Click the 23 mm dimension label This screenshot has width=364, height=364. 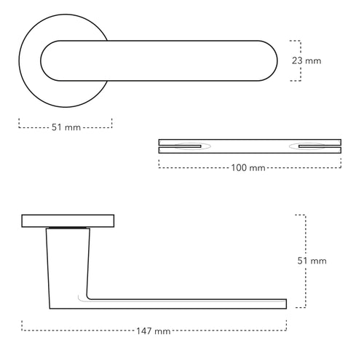click(306, 61)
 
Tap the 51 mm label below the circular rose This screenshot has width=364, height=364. click(66, 127)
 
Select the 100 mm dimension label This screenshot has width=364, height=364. click(248, 168)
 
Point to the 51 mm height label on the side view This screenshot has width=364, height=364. click(314, 261)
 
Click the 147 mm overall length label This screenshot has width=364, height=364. click(154, 331)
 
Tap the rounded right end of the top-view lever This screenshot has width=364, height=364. click(271, 60)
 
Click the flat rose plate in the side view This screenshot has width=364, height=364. click(68, 221)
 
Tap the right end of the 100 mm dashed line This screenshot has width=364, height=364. click(341, 166)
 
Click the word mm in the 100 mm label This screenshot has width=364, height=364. click(257, 168)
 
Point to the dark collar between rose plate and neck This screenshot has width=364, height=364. click(68, 229)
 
